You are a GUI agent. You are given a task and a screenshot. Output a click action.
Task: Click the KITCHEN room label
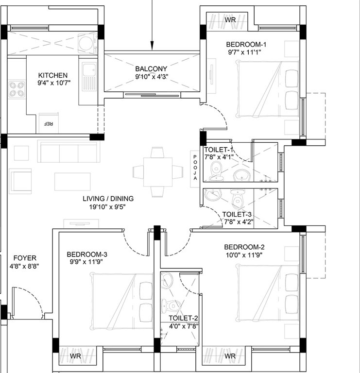coord(53,75)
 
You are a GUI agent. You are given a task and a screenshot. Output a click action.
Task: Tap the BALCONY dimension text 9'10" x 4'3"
coord(152,77)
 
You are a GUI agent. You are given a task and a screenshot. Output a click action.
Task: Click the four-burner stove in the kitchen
coord(17,89)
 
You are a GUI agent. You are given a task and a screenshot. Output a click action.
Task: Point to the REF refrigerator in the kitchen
coord(49,123)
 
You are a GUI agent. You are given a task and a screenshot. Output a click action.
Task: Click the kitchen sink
coord(89,76)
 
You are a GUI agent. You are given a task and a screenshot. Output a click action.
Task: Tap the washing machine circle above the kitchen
coord(86,44)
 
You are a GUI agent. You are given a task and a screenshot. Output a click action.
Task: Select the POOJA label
coord(195,168)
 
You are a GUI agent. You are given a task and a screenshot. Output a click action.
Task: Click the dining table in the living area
coord(158,172)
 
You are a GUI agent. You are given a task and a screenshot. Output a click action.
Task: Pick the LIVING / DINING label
coord(108,199)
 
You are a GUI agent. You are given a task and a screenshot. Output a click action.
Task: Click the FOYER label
coord(25,258)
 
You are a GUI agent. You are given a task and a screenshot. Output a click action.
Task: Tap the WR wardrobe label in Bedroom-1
coord(230,20)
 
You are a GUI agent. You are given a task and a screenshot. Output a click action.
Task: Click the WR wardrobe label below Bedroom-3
coord(76,356)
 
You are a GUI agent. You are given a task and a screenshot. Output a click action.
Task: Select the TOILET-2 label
coord(184,318)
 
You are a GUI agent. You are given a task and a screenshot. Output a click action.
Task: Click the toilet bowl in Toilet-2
coord(171,305)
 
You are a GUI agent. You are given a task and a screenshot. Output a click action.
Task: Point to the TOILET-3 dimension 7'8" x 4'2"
coord(239,222)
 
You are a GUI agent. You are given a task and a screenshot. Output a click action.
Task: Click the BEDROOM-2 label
coord(244,247)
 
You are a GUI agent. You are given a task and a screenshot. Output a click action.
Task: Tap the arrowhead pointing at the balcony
coord(152,46)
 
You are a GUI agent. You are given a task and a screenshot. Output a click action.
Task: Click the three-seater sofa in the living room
coord(69,152)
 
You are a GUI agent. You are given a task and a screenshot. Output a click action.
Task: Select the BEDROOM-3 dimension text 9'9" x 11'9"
coord(86,262)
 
